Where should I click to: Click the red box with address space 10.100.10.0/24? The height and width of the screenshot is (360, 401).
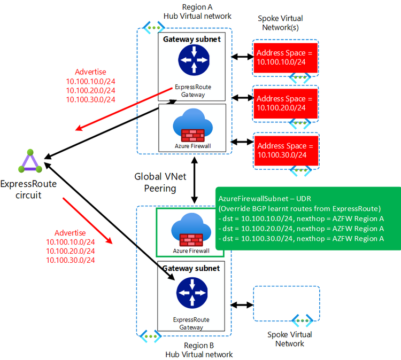[286, 58]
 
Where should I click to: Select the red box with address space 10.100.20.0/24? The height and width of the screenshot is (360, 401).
[286, 103]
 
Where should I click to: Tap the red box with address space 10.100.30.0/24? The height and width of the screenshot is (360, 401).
[286, 150]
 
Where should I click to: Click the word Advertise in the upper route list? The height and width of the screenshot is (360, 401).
[90, 72]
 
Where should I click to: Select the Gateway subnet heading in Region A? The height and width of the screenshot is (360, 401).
[191, 40]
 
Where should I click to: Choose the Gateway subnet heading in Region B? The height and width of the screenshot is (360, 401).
[191, 269]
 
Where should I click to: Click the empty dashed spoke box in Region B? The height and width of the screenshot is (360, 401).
[286, 302]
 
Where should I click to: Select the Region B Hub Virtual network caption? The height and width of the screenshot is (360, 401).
[199, 350]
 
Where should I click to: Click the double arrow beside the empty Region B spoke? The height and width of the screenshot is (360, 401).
[242, 305]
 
